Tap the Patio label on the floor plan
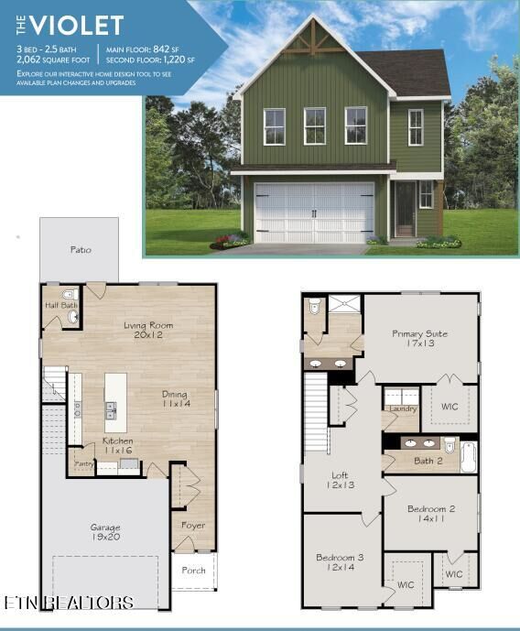pyautogui.click(x=81, y=249)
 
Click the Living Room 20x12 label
pyautogui.click(x=147, y=330)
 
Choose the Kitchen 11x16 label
pyautogui.click(x=117, y=446)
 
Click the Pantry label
pyautogui.click(x=84, y=464)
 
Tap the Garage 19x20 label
pyautogui.click(x=104, y=532)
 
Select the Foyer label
pyautogui.click(x=192, y=526)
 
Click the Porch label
pyautogui.click(x=193, y=570)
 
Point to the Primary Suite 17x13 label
pyautogui.click(x=419, y=339)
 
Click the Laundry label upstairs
pyautogui.click(x=403, y=408)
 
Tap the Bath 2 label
pyautogui.click(x=428, y=461)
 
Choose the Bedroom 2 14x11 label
pyautogui.click(x=431, y=513)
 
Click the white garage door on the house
pyautogui.click(x=313, y=212)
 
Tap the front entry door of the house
pyautogui.click(x=404, y=208)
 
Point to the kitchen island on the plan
pyautogui.click(x=116, y=404)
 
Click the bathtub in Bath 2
pyautogui.click(x=468, y=456)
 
